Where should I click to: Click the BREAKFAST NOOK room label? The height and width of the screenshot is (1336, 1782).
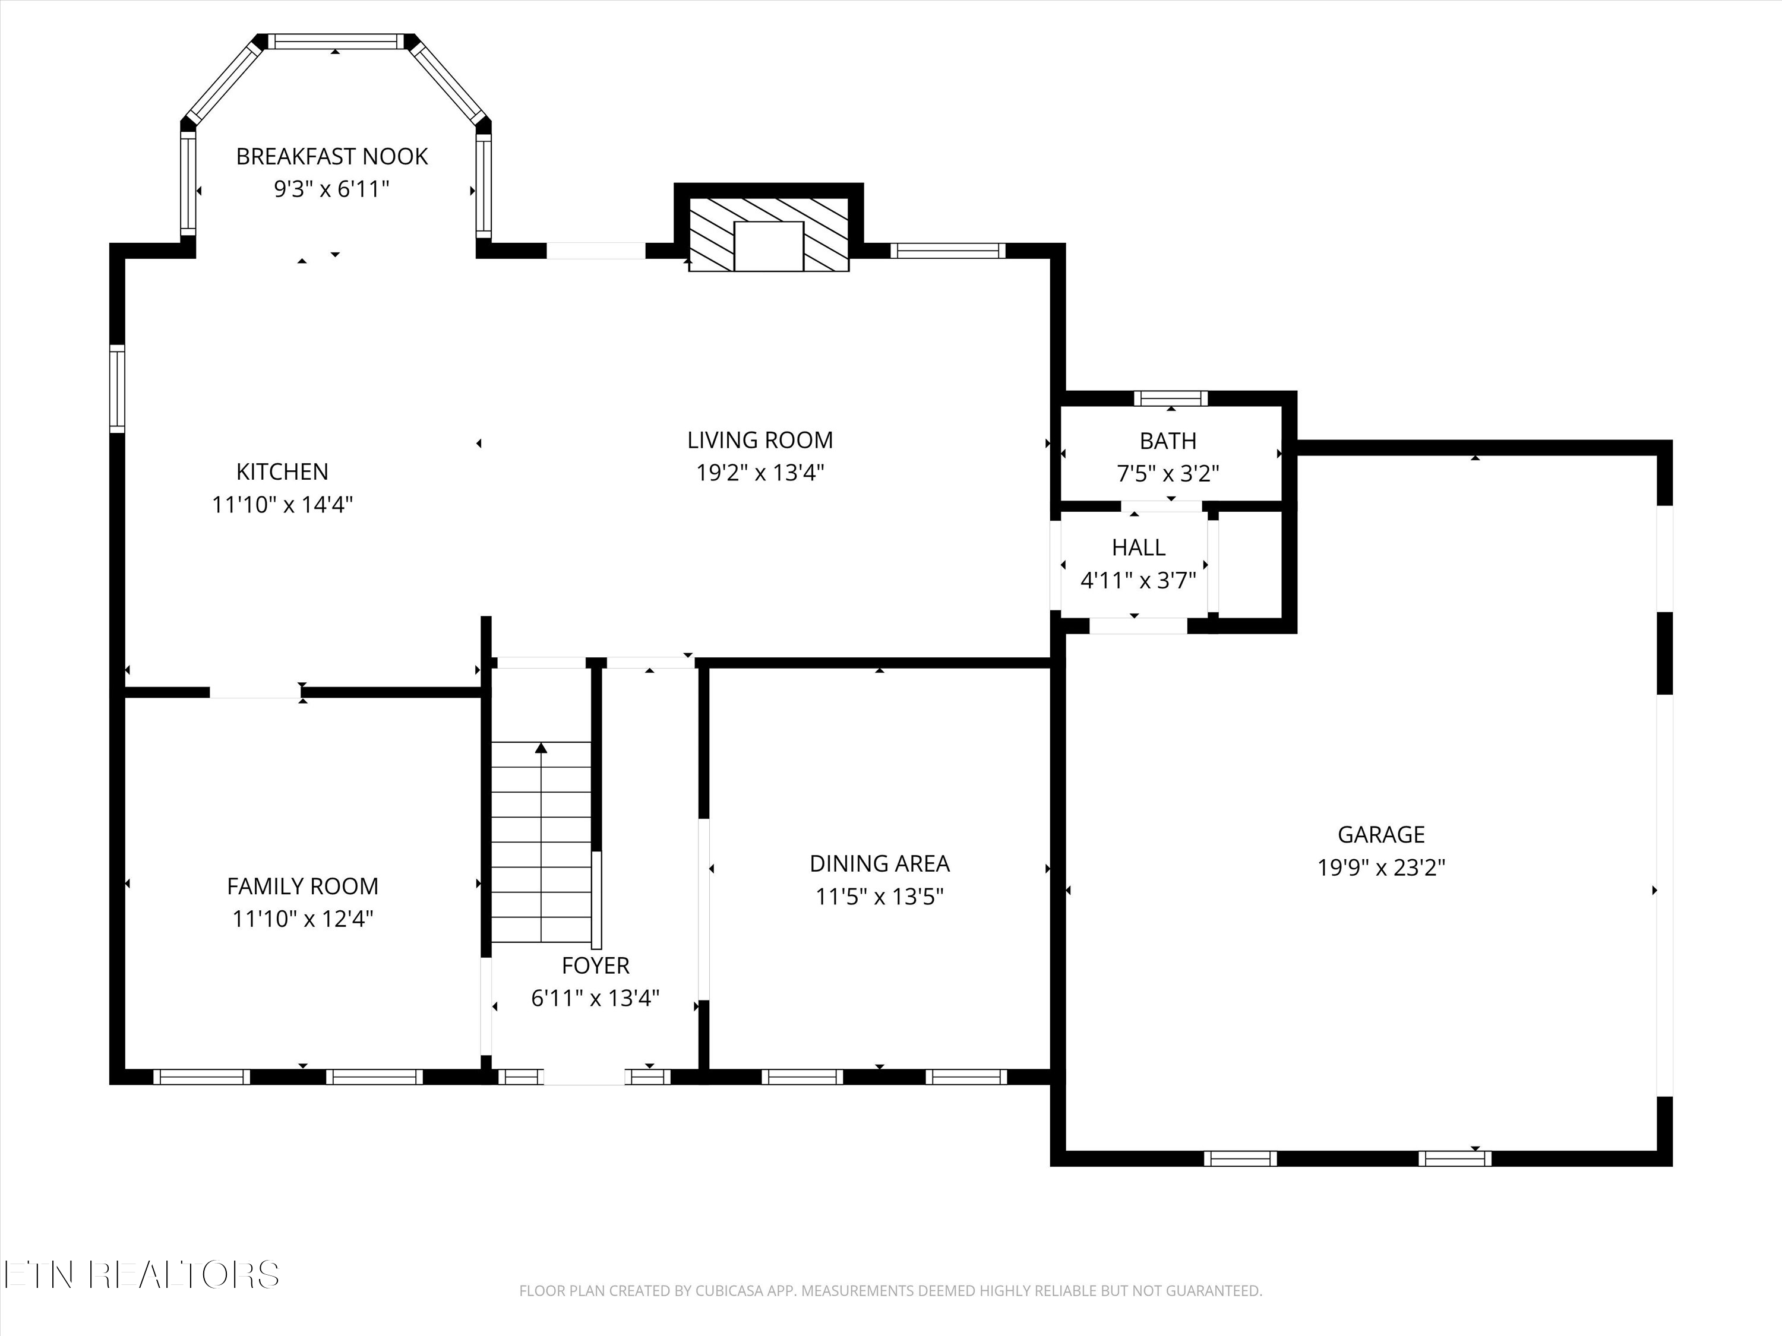tap(332, 156)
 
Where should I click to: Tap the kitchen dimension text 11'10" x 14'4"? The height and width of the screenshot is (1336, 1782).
tap(283, 505)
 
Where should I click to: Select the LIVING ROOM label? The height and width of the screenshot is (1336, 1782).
tap(760, 440)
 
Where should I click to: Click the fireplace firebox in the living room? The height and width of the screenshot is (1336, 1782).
tap(769, 246)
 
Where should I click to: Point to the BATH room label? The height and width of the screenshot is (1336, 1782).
tap(1167, 441)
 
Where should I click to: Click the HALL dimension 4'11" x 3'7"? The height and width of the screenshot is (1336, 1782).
tap(1138, 581)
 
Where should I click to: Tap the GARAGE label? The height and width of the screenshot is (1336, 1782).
tap(1381, 834)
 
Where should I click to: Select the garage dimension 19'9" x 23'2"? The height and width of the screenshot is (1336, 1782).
tap(1381, 868)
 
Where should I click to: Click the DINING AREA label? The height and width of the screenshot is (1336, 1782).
tap(879, 863)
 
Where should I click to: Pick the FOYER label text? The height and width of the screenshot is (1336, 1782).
tap(595, 965)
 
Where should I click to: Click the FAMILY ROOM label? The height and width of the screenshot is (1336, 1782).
tap(302, 886)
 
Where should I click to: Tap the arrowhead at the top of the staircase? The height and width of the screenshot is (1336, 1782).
tap(541, 748)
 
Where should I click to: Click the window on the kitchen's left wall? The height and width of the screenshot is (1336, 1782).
tap(118, 389)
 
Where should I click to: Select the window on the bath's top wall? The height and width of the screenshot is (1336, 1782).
tap(1171, 398)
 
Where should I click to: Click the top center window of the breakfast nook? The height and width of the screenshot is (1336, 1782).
tap(335, 41)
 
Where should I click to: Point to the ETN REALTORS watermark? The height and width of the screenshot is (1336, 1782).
tap(142, 1274)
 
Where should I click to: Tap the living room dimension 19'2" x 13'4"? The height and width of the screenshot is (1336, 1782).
tap(760, 473)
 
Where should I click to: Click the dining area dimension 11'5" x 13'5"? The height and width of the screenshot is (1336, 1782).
tap(879, 896)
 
